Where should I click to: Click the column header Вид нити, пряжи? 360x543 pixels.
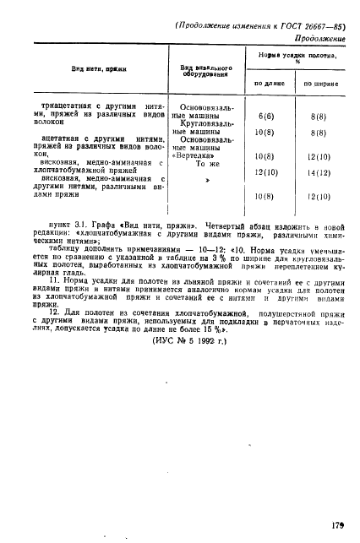tap(81, 68)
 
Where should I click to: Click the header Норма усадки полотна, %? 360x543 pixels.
tap(297, 58)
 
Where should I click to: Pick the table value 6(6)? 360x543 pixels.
tap(266, 115)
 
